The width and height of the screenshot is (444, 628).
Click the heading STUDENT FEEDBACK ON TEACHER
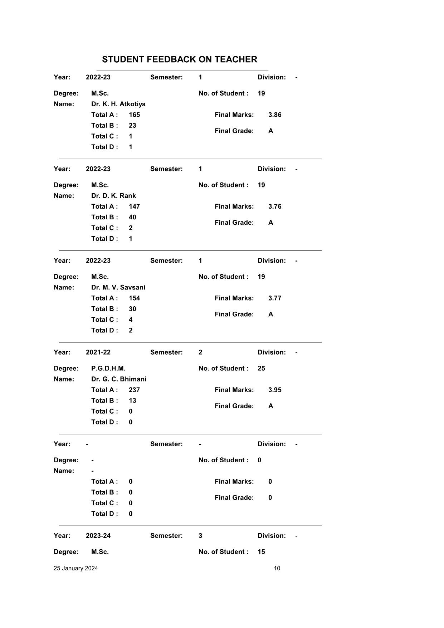coord(179,59)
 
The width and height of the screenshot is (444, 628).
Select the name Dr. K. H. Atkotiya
coord(118,104)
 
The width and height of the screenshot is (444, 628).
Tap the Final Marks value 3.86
coord(274,115)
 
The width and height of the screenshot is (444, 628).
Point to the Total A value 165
coord(134,115)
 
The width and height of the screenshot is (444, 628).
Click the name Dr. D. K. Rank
coord(113,196)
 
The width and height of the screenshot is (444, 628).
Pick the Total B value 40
coord(132,217)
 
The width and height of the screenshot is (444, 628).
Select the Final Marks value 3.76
coord(274,206)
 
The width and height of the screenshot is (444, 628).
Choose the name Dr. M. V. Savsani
coord(118,287)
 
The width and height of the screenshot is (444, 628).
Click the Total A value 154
coord(134,298)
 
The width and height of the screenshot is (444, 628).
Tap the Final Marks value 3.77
coord(274,298)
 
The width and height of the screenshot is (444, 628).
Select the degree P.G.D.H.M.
coord(108,368)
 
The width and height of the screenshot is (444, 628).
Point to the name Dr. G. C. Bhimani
coord(118,379)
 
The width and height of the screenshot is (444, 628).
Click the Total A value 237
coord(134,390)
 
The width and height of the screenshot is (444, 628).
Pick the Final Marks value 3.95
coord(274,390)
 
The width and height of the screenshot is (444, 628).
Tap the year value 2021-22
coord(98,352)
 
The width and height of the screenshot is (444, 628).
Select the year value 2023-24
coord(98,535)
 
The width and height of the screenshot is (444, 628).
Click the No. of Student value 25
coord(261,368)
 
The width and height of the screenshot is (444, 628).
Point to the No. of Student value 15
coord(261,551)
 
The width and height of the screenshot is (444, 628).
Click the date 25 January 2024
coord(75,568)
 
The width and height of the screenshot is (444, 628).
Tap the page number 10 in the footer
coord(277,568)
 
